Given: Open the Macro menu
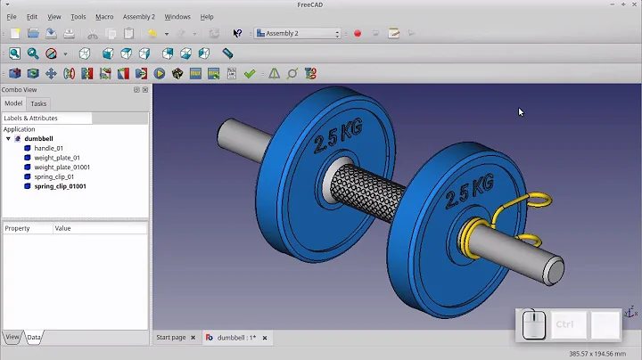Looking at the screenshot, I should (x=104, y=17).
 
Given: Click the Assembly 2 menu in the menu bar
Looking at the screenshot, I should (x=138, y=17).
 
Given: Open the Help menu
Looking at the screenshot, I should (x=207, y=17).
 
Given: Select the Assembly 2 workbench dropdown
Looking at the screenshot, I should (x=298, y=34).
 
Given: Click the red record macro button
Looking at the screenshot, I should (x=358, y=34).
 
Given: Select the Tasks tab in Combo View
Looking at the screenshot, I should (x=38, y=103).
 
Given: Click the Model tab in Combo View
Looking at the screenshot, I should (x=13, y=103).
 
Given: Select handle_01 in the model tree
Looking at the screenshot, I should (x=49, y=148).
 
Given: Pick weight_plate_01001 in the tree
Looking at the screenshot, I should (x=62, y=167).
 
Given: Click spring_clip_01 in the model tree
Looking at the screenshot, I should (x=54, y=176).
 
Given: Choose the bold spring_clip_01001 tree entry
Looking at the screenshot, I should (x=60, y=186).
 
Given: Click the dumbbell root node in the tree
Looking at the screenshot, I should (x=38, y=139).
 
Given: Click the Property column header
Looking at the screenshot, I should (x=18, y=228).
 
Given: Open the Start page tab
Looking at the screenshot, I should (x=171, y=338).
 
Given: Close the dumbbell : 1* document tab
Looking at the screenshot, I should (x=265, y=338).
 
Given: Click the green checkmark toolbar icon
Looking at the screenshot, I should (x=250, y=74).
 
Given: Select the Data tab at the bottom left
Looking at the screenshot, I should (x=33, y=337).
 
